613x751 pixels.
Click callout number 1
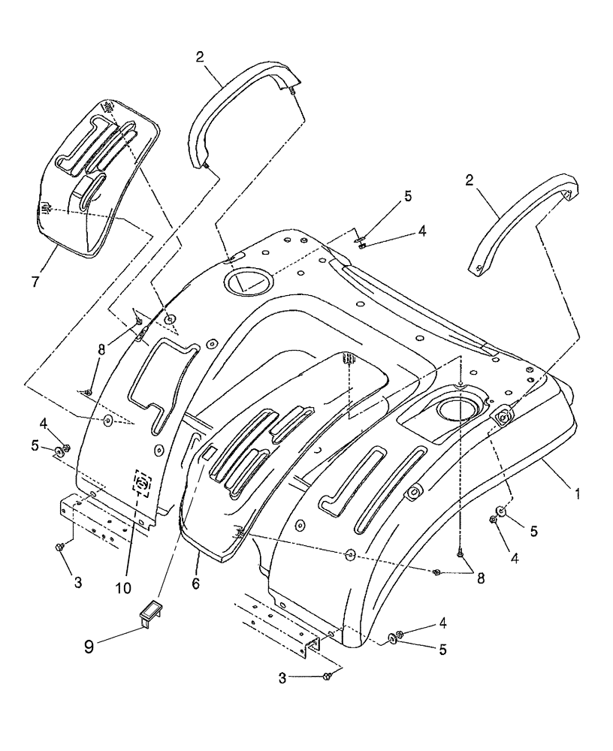[576, 495]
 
